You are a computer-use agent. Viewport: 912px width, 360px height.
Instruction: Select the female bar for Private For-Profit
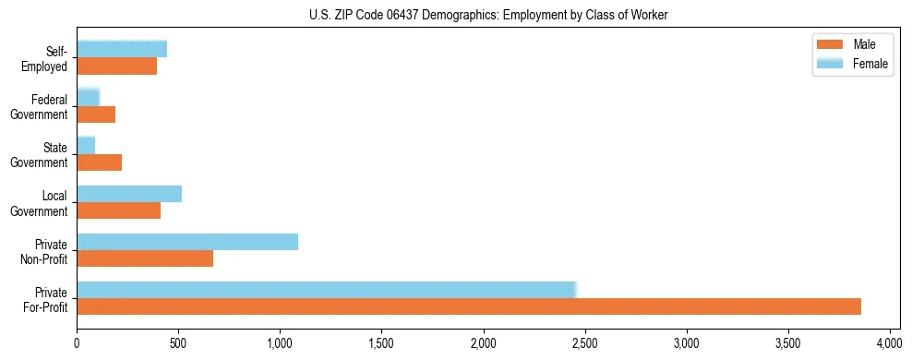pyautogui.click(x=327, y=290)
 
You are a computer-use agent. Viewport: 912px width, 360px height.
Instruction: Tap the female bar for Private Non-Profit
pyautogui.click(x=187, y=242)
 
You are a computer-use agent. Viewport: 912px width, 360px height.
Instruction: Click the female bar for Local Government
pyautogui.click(x=129, y=194)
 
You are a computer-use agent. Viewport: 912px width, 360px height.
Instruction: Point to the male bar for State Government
pyautogui.click(x=100, y=162)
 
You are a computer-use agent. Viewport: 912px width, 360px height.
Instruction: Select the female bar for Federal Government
pyautogui.click(x=89, y=98)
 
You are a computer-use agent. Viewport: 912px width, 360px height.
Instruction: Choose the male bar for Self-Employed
pyautogui.click(x=117, y=66)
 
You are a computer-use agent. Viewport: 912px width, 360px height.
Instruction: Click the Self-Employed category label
pyautogui.click(x=47, y=59)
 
